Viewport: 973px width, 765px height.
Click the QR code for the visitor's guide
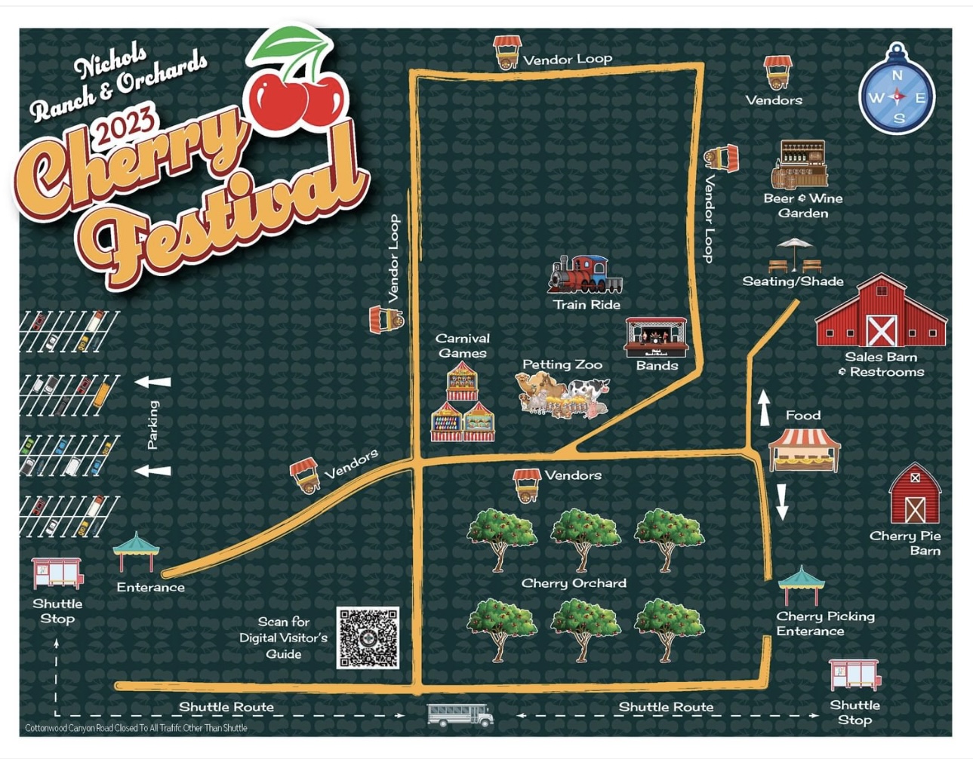[x=368, y=637]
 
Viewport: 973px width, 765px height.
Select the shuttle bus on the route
[x=460, y=714]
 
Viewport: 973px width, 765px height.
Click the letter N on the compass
[x=897, y=75]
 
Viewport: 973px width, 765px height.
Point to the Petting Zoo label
[x=562, y=364]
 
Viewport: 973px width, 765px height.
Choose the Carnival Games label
[x=463, y=346]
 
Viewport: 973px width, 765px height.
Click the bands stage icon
[x=656, y=337]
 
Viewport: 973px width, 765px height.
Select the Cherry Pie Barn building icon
[x=915, y=495]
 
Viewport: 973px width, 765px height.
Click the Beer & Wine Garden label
[x=803, y=205]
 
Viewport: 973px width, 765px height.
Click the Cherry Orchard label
[x=574, y=583]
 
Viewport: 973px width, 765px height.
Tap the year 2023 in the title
[x=125, y=124]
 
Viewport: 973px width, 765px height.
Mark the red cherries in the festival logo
[x=297, y=98]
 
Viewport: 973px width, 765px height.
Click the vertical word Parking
[x=153, y=425]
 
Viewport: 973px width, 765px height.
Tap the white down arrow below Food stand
[x=782, y=502]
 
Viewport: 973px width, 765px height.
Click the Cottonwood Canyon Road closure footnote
[x=136, y=728]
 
